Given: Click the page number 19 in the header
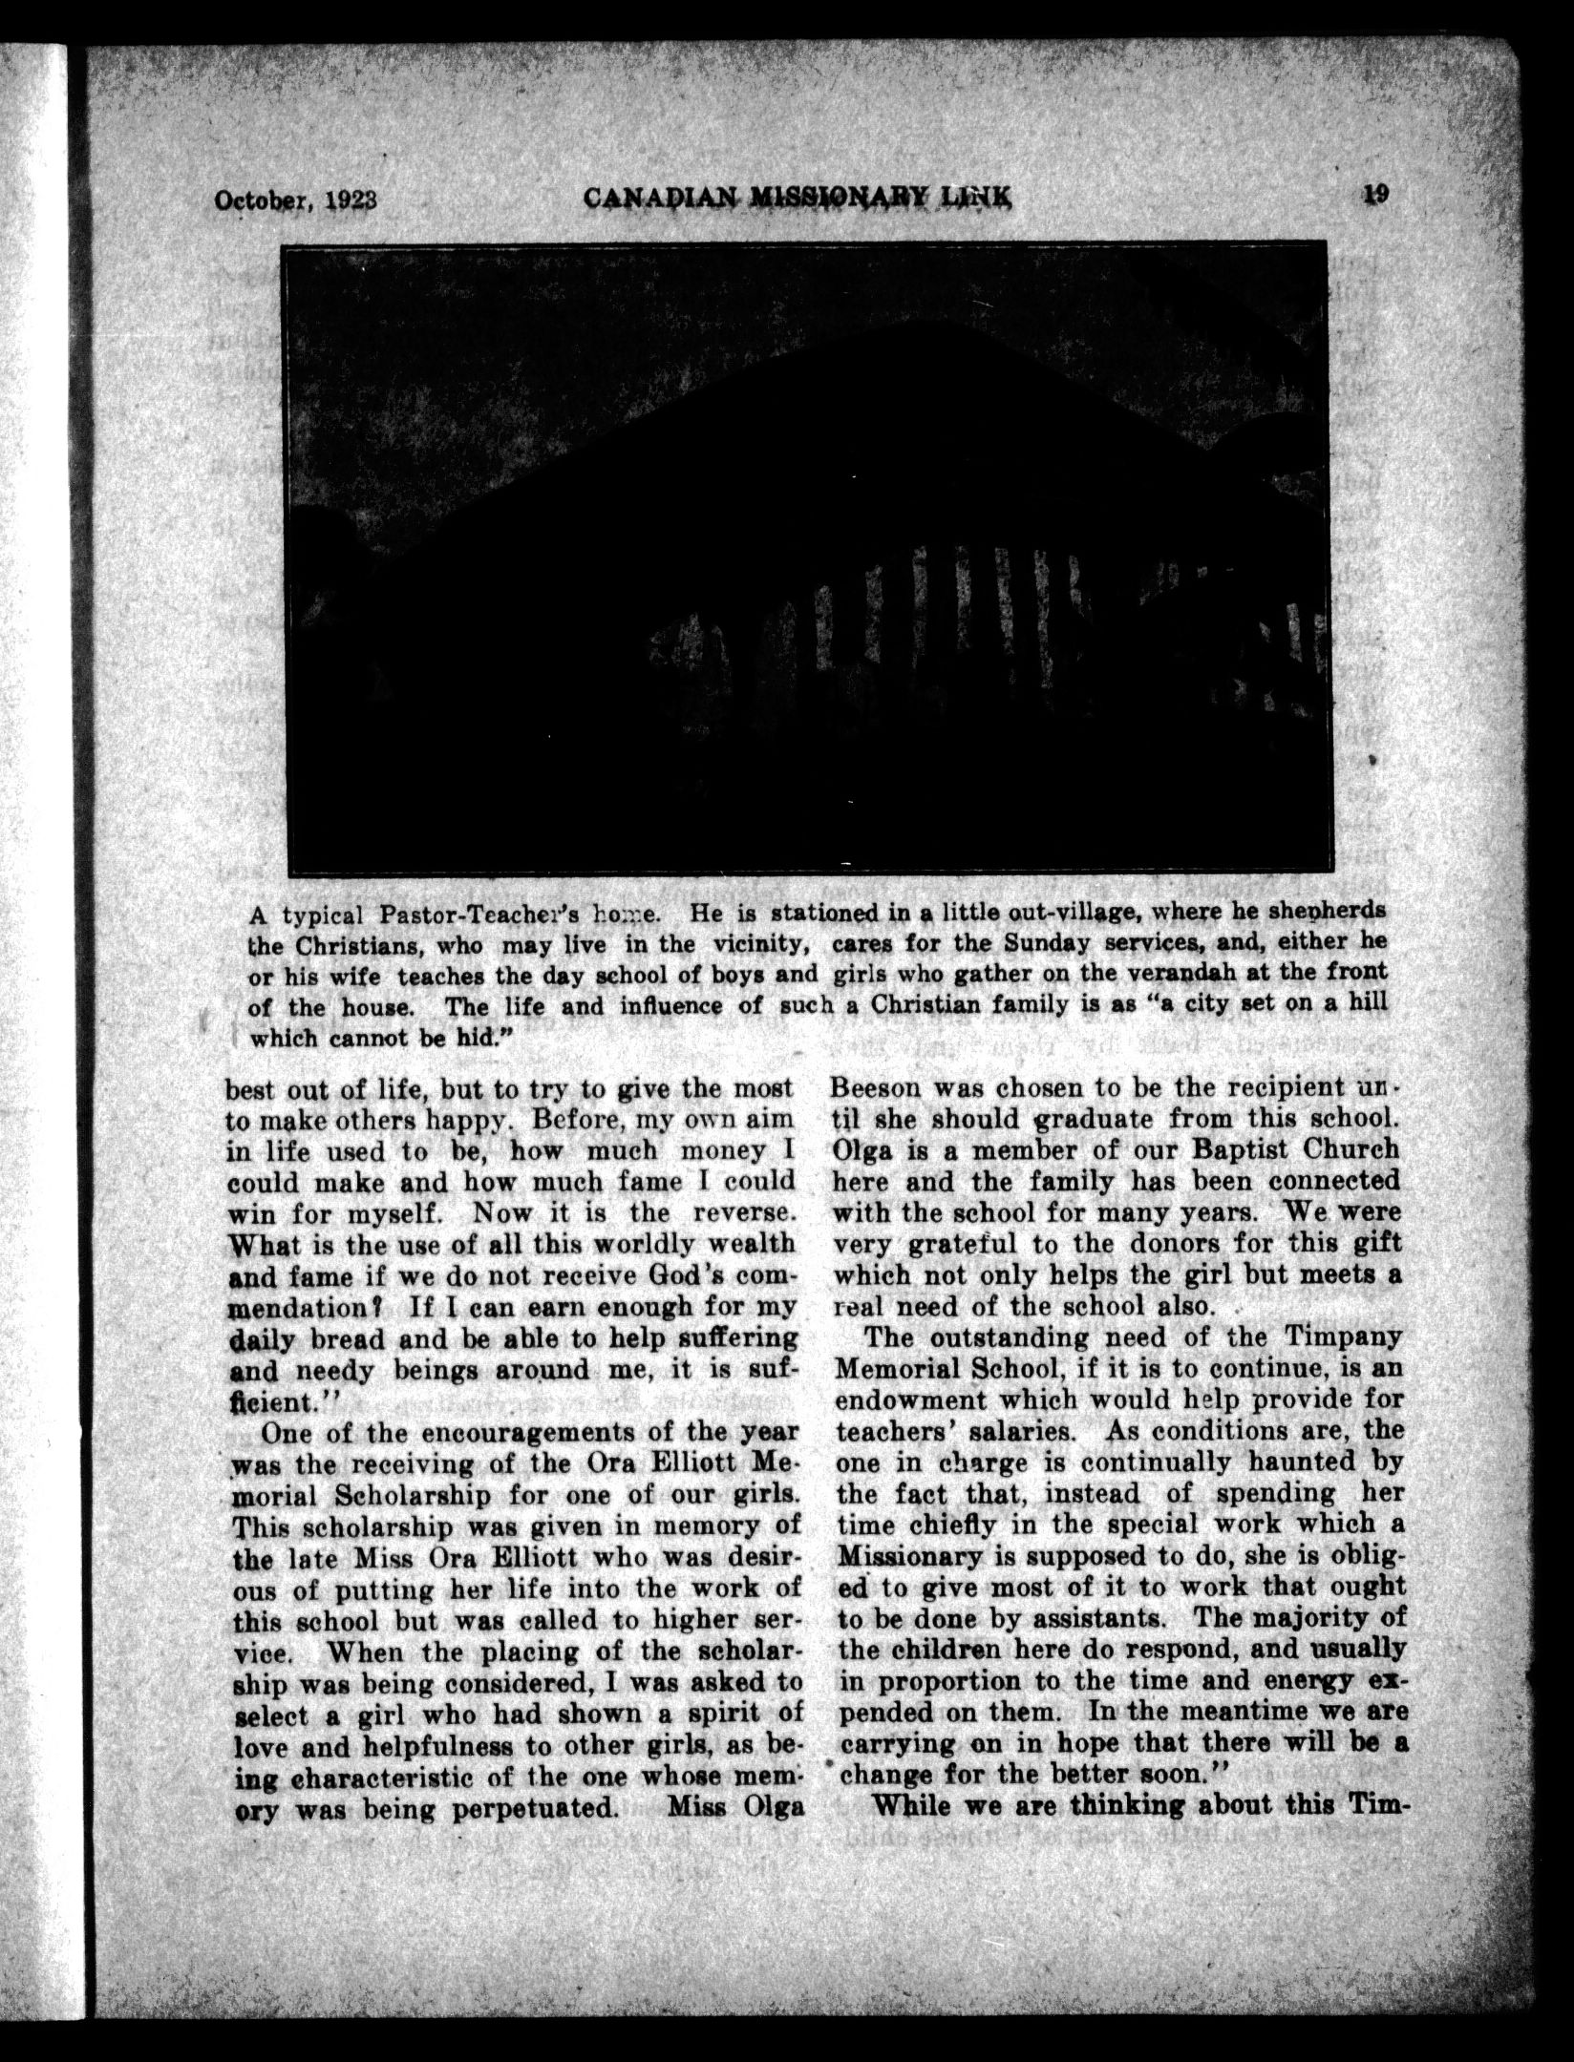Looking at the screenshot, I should [1376, 194].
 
